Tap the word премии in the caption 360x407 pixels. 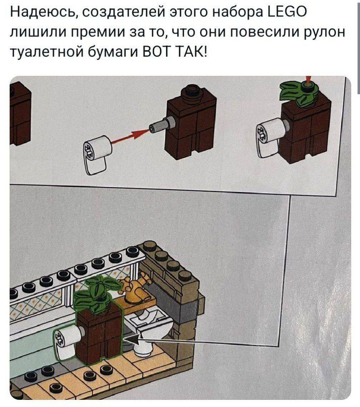click(112, 32)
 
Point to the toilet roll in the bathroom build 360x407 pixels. click(65, 343)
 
